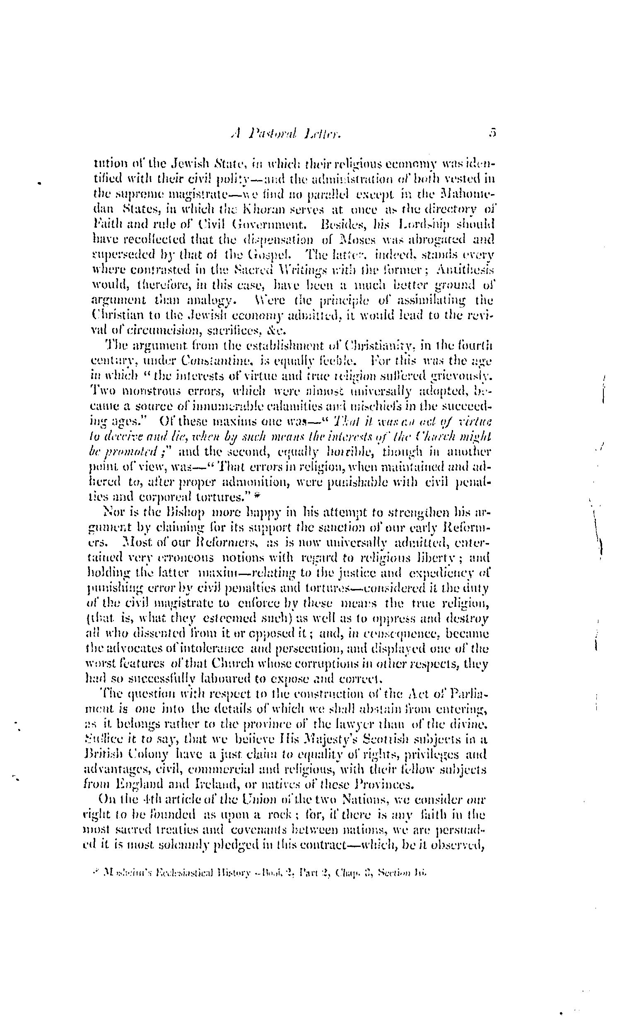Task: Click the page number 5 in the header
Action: pyautogui.click(x=491, y=134)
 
